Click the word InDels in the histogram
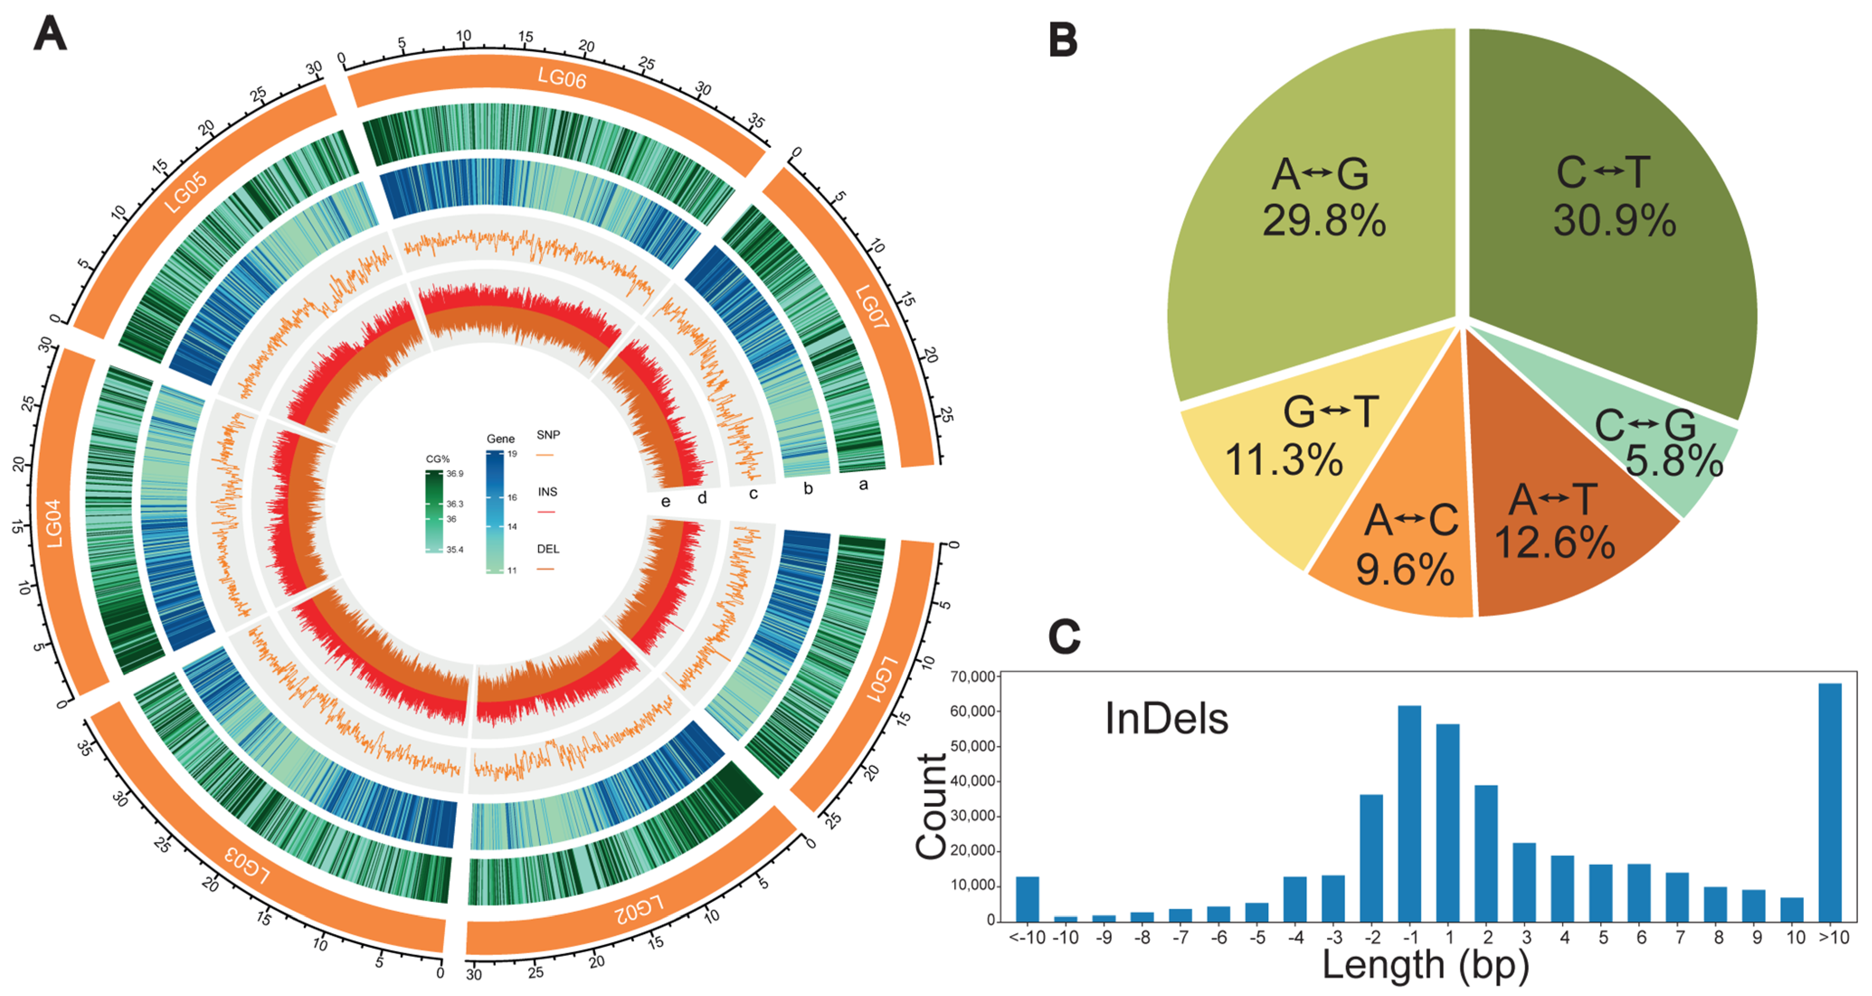point(1166,719)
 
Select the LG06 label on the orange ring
point(562,77)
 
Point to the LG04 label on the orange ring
point(55,523)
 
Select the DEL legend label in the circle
point(547,549)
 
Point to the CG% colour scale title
point(437,459)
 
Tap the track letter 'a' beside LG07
point(863,485)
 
